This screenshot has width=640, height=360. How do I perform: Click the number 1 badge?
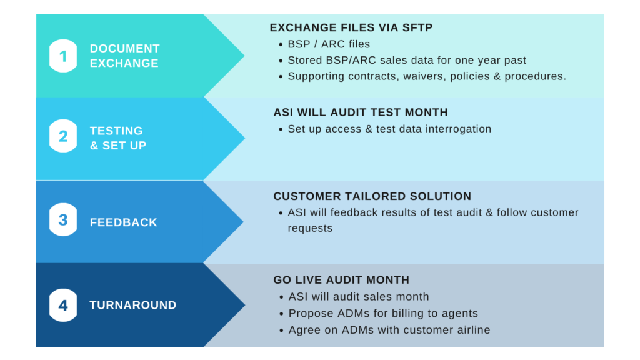(x=63, y=56)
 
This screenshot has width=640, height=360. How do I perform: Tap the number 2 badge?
(x=63, y=136)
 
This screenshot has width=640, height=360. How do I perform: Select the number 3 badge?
(x=63, y=219)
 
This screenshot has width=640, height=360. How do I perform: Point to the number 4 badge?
(x=63, y=305)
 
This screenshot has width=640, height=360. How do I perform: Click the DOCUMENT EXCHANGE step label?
(x=124, y=56)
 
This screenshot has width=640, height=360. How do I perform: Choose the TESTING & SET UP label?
(x=118, y=138)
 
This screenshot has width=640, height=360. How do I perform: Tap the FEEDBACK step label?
(x=123, y=222)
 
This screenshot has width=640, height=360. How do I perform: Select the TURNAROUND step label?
(x=133, y=305)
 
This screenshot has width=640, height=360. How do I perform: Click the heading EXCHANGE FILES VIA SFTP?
(x=351, y=27)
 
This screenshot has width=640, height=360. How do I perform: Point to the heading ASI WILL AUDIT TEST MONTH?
(x=361, y=112)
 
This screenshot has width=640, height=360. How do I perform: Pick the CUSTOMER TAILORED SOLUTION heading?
(x=372, y=196)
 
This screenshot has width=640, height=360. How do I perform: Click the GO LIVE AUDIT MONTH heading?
(x=341, y=280)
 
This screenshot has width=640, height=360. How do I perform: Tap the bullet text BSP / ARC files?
(x=329, y=44)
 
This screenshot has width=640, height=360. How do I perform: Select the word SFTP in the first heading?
(x=417, y=27)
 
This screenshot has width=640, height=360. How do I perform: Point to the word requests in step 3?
(x=310, y=229)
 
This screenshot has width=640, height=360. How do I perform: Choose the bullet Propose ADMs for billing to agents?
(x=383, y=314)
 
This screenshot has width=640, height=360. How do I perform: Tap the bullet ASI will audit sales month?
(x=359, y=297)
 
